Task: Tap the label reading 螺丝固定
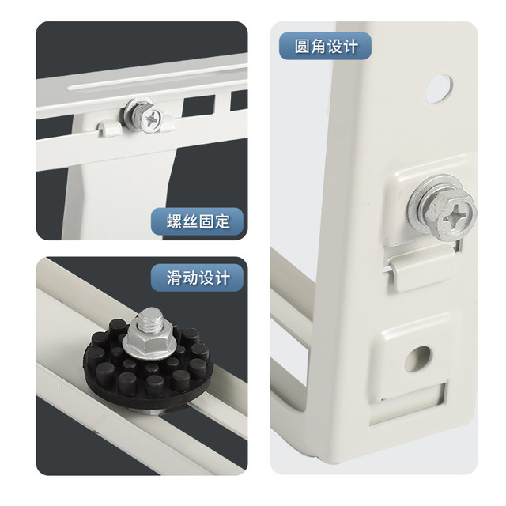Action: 198,221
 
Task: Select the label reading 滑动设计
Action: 198,278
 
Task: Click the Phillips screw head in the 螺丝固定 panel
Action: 150,118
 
